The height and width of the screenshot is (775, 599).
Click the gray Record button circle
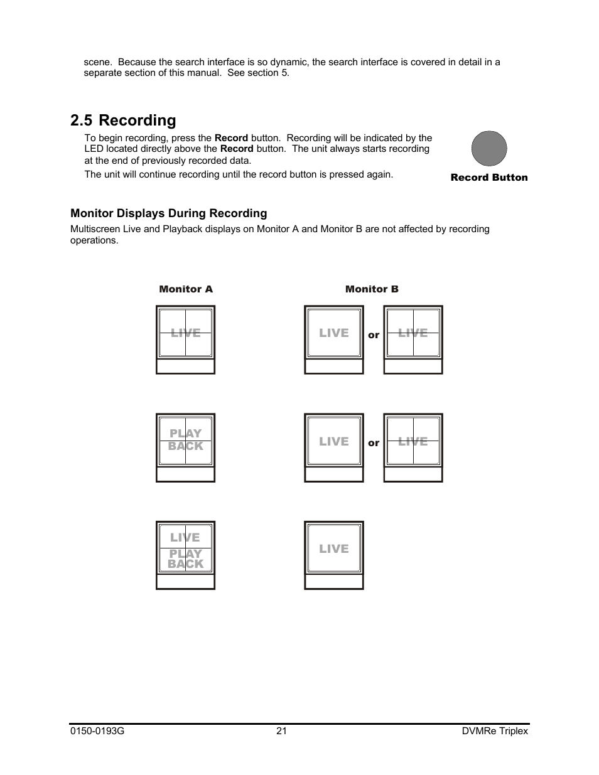pyautogui.click(x=488, y=149)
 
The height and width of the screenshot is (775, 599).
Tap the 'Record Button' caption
pyautogui.click(x=489, y=178)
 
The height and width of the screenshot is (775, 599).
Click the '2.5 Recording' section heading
pyautogui.click(x=123, y=120)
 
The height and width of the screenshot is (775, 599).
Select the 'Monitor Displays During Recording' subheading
pyautogui.click(x=168, y=213)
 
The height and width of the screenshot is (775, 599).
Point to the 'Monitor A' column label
pyautogui.click(x=186, y=289)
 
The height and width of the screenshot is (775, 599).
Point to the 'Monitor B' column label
pyautogui.click(x=372, y=289)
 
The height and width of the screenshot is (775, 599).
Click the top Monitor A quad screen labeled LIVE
pyautogui.click(x=186, y=333)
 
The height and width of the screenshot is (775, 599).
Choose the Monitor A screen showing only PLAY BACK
pyautogui.click(x=186, y=441)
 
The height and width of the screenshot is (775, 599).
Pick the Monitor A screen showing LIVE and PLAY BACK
pyautogui.click(x=186, y=548)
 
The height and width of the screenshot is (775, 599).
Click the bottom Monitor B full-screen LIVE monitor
pyautogui.click(x=334, y=548)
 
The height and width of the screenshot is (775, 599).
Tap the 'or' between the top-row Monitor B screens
pyautogui.click(x=374, y=335)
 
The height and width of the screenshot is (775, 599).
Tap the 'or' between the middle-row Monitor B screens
pyautogui.click(x=374, y=443)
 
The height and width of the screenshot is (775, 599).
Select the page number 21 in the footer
pyautogui.click(x=281, y=731)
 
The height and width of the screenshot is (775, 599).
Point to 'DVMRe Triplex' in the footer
pyautogui.click(x=495, y=731)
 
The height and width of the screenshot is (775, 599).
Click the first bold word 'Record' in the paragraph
pyautogui.click(x=231, y=138)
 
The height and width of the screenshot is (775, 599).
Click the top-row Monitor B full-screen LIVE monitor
pyautogui.click(x=334, y=333)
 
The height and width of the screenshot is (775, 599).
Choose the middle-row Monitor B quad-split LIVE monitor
pyautogui.click(x=413, y=441)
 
